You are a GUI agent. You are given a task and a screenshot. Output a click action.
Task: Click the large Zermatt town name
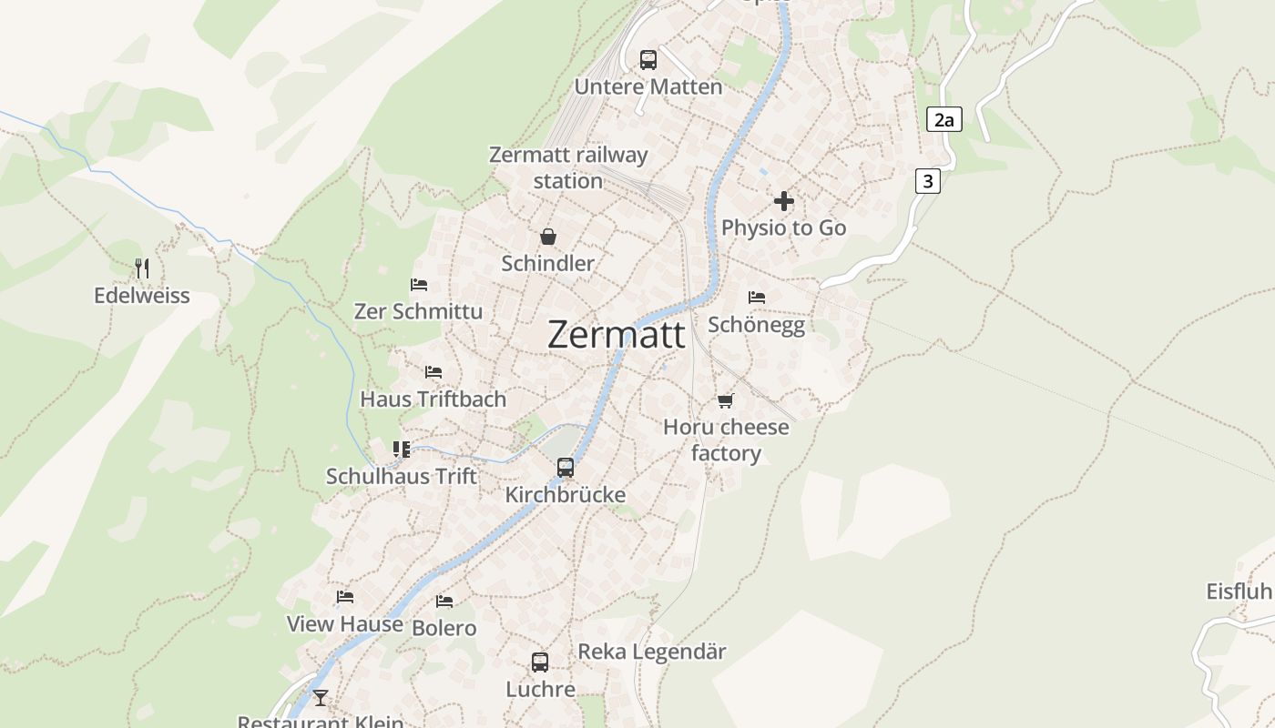coord(616,335)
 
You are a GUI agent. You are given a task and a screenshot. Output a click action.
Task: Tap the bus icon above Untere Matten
coord(648,60)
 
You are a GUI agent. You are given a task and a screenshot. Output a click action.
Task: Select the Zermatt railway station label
coord(568,167)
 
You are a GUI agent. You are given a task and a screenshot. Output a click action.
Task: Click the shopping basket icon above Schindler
coord(548,237)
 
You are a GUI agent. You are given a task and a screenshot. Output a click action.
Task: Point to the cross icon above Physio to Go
coord(783,201)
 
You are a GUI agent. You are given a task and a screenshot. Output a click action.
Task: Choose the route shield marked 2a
coord(944,119)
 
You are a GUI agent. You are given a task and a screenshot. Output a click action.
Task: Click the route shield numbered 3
coord(927,181)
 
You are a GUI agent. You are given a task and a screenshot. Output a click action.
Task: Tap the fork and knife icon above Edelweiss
coord(141,268)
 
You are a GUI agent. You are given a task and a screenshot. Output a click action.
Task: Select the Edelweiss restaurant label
coord(142,296)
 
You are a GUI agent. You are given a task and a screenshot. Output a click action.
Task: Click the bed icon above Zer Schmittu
coord(419,285)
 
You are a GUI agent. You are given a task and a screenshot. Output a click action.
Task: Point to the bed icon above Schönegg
coord(756,298)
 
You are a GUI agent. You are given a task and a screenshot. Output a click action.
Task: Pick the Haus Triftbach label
coord(433,399)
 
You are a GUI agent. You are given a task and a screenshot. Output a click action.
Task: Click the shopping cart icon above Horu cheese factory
coord(725,400)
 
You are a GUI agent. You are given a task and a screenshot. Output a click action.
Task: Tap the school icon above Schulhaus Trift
coord(401,449)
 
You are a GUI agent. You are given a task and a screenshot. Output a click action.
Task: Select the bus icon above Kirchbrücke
coord(566,468)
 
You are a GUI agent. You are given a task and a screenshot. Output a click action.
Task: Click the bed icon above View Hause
coord(344,597)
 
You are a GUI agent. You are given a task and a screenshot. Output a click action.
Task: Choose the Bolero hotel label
coord(444,628)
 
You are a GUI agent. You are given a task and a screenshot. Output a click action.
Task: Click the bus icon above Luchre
coord(540,662)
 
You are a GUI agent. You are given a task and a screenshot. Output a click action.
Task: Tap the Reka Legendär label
coord(652,652)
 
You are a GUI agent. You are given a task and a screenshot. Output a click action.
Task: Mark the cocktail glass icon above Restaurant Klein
coord(320,698)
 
